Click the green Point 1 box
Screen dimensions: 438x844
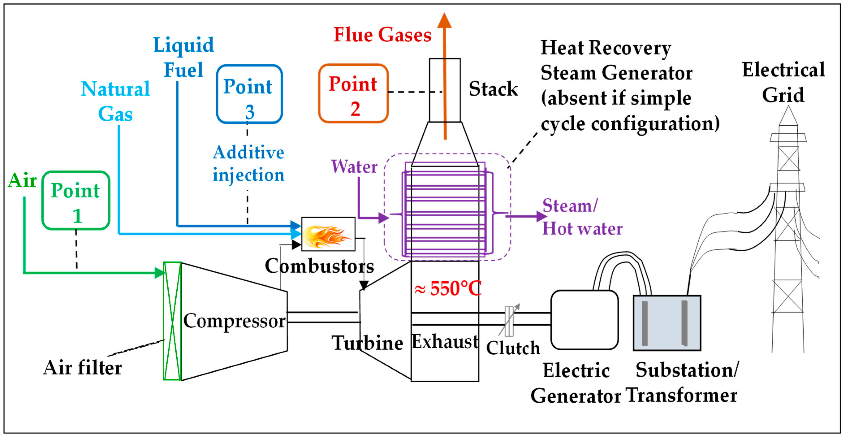pyautogui.click(x=76, y=200)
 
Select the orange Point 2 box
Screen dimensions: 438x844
pyautogui.click(x=353, y=94)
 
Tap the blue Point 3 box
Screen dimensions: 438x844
pyautogui.click(x=249, y=94)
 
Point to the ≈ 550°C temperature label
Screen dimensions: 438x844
pyautogui.click(x=448, y=289)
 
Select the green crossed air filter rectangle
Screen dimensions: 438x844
pyautogui.click(x=172, y=321)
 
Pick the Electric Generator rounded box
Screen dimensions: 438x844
pyautogui.click(x=584, y=320)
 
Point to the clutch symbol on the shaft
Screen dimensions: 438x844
pyautogui.click(x=509, y=321)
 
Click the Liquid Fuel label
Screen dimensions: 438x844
pyautogui.click(x=183, y=58)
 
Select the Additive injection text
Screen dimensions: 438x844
pyautogui.click(x=248, y=164)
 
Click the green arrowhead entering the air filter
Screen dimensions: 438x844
pyautogui.click(x=159, y=273)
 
